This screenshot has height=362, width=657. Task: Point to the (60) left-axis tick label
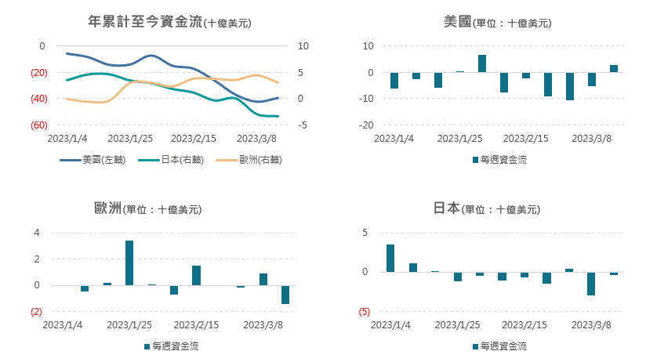37,125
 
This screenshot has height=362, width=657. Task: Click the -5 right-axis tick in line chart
303,125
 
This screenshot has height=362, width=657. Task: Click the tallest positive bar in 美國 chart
482,63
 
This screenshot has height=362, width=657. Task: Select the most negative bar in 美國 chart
570,86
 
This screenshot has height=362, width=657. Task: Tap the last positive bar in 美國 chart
614,68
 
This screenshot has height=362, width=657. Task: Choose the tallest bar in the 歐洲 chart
129,262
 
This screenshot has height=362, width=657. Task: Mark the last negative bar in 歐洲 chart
285,295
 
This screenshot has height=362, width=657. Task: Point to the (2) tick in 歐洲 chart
35,312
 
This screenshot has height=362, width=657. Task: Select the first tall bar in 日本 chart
390,258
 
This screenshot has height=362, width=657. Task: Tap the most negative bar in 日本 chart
591,284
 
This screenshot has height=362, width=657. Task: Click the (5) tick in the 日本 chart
364,312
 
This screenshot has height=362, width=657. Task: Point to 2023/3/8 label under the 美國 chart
592,139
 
